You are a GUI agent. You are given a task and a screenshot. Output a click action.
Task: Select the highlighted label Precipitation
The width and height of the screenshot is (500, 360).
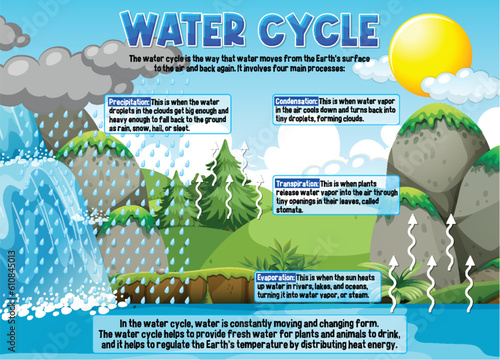tap(129, 101)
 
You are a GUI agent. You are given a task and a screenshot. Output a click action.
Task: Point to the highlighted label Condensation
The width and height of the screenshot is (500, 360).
tap(297, 101)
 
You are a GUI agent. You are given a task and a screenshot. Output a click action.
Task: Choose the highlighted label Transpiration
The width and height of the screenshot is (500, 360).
tap(297, 184)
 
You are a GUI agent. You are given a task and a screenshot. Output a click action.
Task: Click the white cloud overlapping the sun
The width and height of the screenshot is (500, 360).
tap(380, 68)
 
